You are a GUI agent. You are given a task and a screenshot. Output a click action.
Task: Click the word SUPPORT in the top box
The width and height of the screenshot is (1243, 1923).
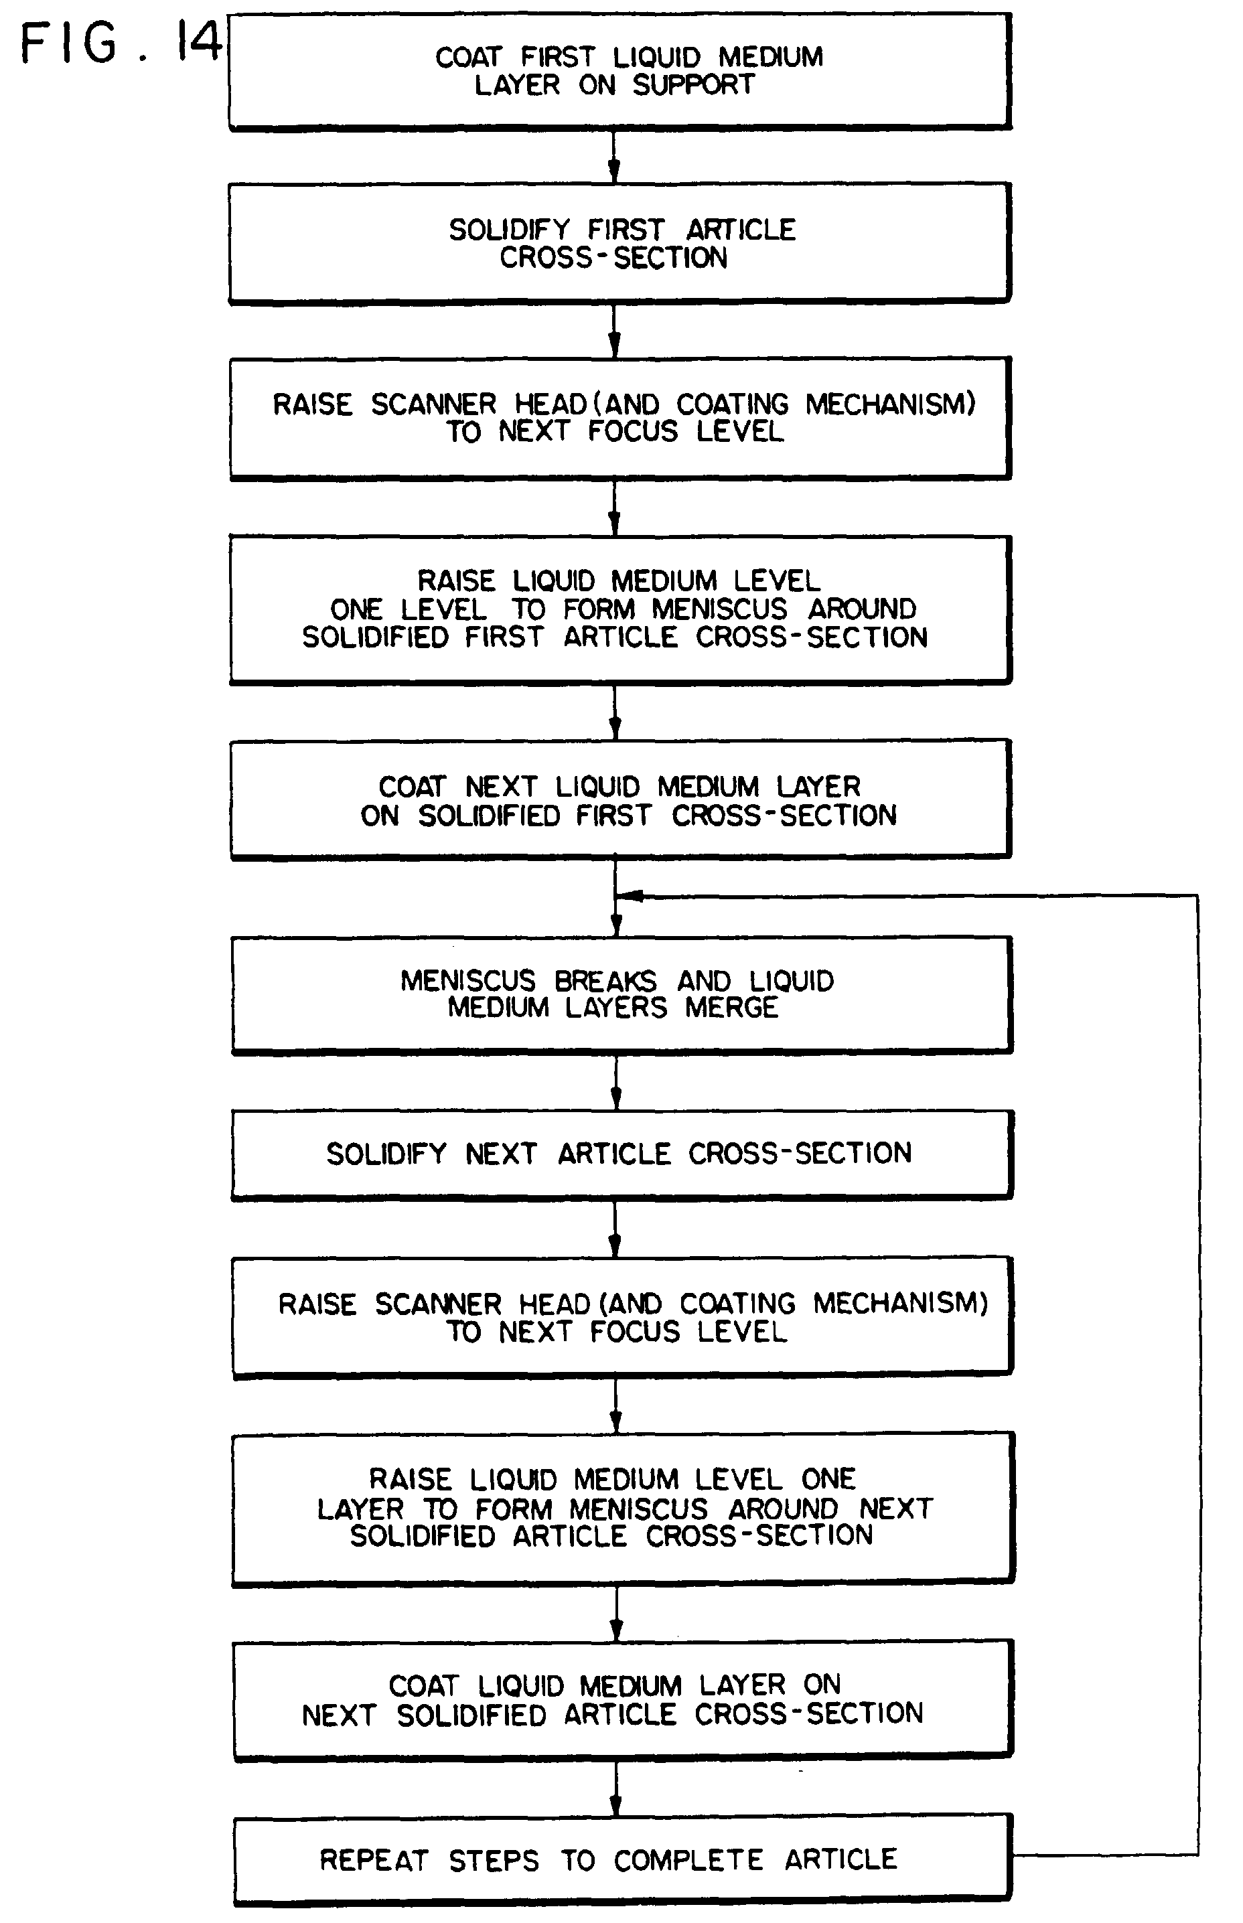693,85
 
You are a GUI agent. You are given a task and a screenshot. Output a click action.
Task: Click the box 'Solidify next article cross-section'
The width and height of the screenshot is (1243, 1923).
621,1154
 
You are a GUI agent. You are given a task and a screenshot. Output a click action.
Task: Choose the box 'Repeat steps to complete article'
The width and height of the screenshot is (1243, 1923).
621,1860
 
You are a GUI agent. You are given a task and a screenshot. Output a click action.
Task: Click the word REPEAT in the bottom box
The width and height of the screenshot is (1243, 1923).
373,1860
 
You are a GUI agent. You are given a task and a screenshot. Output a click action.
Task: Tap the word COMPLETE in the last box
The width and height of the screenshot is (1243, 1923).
688,1860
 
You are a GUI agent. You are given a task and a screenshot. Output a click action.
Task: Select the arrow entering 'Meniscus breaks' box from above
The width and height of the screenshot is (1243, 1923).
616,920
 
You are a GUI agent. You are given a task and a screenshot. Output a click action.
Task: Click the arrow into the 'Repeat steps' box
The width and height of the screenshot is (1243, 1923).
616,1788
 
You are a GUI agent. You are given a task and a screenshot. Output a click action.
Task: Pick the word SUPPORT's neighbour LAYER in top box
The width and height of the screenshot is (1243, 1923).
516,85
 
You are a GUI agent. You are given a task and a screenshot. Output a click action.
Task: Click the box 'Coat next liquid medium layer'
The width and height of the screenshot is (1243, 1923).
620,799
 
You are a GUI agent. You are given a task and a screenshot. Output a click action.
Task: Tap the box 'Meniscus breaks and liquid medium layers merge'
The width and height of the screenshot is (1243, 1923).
621,994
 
